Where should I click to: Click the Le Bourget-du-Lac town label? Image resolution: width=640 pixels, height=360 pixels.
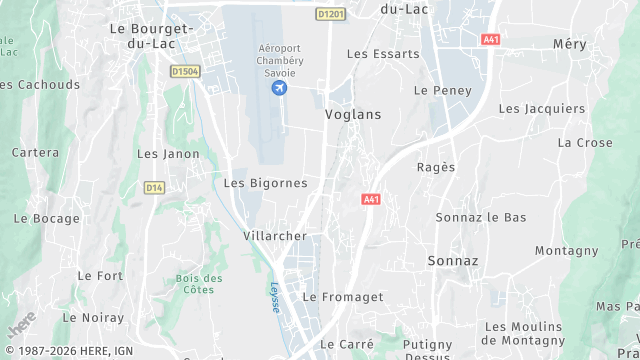(x=143, y=36)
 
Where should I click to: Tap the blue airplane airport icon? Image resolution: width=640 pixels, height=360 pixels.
(x=279, y=89)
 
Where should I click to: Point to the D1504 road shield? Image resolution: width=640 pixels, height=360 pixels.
(x=185, y=71)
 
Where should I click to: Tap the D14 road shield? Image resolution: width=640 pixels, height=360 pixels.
(x=153, y=187)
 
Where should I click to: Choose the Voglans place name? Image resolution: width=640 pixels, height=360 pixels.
(x=353, y=115)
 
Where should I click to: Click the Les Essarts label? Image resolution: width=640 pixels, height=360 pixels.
(x=383, y=54)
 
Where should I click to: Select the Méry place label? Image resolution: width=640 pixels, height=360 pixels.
(x=569, y=44)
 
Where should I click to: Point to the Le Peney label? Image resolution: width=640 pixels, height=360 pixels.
(x=436, y=90)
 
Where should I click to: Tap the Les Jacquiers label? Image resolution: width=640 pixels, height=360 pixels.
(x=541, y=108)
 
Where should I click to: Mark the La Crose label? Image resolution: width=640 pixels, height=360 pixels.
(x=585, y=143)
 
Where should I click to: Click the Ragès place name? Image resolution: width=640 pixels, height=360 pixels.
(x=436, y=167)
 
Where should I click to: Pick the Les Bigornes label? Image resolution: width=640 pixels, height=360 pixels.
(x=265, y=183)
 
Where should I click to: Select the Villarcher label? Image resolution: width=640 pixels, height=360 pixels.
(x=274, y=236)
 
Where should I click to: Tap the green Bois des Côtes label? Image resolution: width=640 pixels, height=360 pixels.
(x=199, y=284)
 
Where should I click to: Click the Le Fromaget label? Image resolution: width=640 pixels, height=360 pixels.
(x=343, y=297)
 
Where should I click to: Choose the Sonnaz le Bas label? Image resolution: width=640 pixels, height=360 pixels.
(x=481, y=217)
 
